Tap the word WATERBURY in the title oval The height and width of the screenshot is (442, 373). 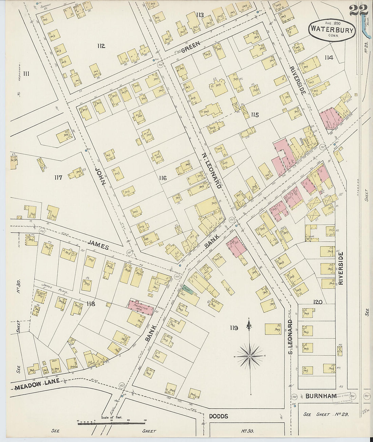[x=332, y=30]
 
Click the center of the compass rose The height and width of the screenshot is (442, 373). [x=250, y=356]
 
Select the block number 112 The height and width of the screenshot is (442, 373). [x=101, y=46]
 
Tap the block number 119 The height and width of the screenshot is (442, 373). [x=234, y=328]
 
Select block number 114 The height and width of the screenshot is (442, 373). [x=328, y=58]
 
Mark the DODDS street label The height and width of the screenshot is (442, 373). [x=218, y=416]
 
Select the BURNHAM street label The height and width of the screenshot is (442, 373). [x=321, y=396]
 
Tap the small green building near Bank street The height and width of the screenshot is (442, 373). [x=187, y=290]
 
